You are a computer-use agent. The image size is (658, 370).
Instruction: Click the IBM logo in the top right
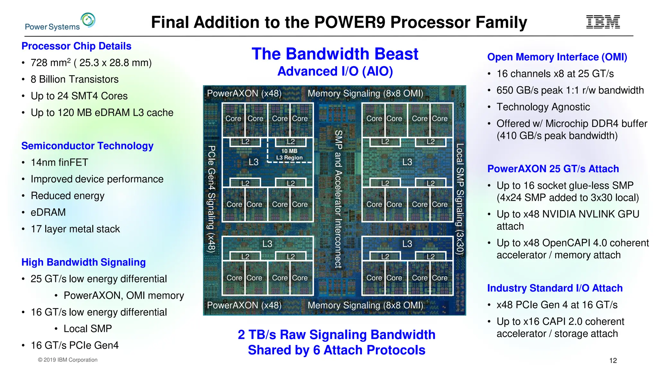(603, 22)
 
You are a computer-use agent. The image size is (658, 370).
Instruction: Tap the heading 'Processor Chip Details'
(76, 46)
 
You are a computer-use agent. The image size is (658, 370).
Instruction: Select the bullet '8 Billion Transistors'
(75, 79)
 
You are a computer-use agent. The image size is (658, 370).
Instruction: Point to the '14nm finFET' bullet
(59, 163)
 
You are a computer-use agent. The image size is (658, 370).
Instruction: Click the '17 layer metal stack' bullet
(75, 229)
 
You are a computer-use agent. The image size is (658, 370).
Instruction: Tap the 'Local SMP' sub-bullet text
(88, 329)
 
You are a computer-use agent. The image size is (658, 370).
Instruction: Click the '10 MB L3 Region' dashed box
(289, 154)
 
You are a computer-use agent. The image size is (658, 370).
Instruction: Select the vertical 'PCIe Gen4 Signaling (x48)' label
(211, 199)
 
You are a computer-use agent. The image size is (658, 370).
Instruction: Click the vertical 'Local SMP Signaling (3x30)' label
(460, 199)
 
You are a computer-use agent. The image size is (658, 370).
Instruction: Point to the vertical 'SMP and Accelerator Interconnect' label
(338, 199)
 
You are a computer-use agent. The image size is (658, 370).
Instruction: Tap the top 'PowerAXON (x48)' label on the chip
(244, 93)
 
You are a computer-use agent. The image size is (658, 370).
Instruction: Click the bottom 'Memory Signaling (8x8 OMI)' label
(365, 305)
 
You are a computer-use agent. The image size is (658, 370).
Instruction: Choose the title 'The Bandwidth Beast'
(335, 54)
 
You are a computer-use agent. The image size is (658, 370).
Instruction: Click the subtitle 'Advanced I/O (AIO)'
(335, 71)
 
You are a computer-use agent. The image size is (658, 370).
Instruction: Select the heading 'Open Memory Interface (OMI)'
(557, 57)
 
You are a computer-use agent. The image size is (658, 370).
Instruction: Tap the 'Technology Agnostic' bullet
(543, 107)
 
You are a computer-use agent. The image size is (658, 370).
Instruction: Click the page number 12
(613, 360)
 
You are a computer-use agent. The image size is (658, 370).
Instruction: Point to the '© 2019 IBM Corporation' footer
(67, 360)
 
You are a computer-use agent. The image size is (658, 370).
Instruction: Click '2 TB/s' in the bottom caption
(257, 335)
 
